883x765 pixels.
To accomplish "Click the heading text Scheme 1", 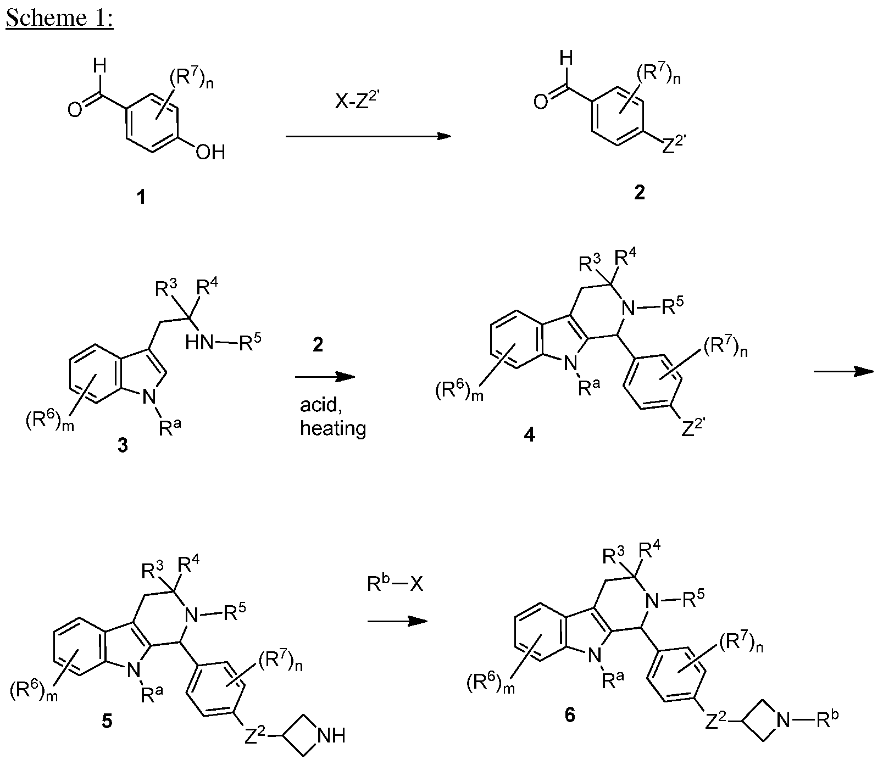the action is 59,18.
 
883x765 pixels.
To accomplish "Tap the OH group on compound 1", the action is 211,151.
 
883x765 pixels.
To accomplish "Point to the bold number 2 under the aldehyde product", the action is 640,193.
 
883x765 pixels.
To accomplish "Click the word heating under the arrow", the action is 333,428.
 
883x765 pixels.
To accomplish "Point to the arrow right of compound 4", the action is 843,372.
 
